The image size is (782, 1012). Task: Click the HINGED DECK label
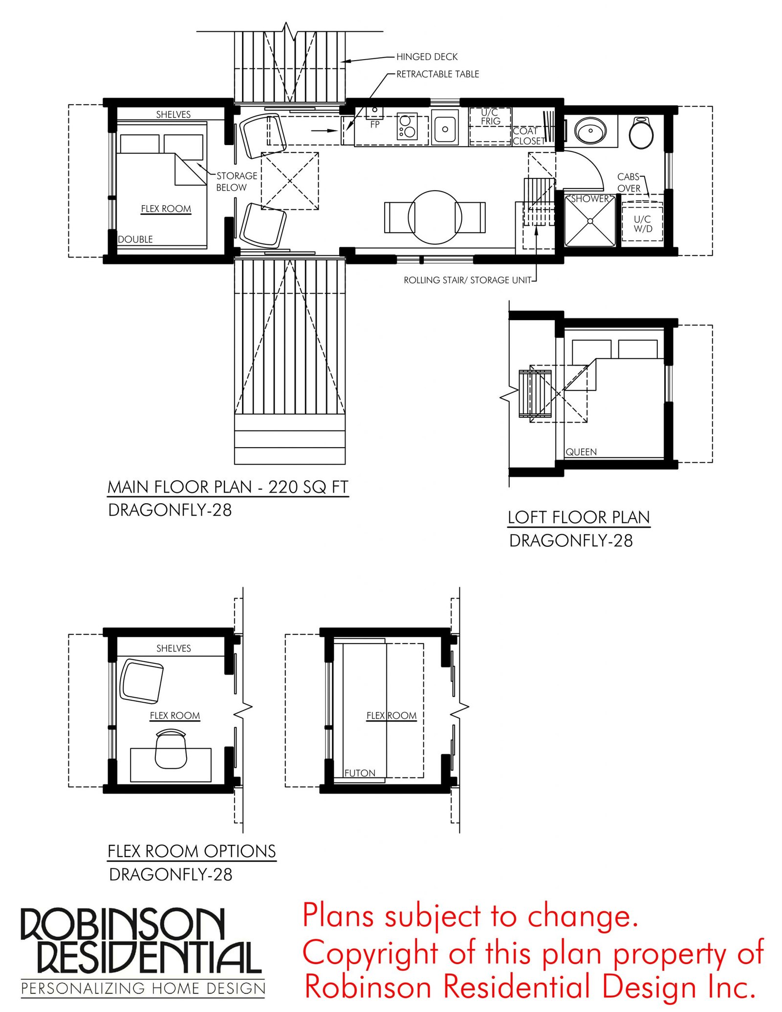coord(427,57)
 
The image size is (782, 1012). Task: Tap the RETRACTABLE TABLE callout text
coord(437,74)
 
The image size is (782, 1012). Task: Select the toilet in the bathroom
coord(641,132)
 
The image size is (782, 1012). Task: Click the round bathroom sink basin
coord(590,131)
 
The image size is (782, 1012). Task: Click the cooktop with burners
coord(407,126)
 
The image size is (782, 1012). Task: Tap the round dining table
coord(434,217)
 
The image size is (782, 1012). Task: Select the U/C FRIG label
coord(490,117)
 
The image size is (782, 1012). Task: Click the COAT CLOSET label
coord(529,136)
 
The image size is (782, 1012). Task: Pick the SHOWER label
coord(590,199)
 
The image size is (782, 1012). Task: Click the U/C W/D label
coord(643,224)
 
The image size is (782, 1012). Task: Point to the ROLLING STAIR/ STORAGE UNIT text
coord(467,280)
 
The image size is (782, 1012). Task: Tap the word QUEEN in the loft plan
coord(581,452)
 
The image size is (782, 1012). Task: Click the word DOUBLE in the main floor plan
coord(135,239)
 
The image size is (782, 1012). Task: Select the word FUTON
coord(360,773)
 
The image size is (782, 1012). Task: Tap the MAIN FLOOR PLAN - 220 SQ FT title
coord(228,487)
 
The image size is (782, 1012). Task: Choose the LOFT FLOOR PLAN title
coord(579,517)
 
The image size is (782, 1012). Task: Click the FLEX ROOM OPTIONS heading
coord(192,851)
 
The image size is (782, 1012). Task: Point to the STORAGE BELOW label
coord(237,181)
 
